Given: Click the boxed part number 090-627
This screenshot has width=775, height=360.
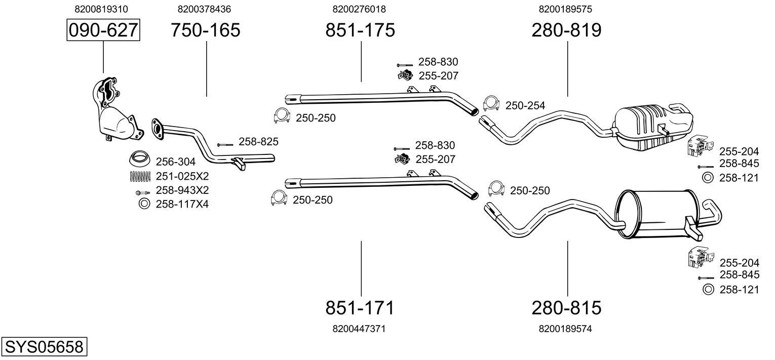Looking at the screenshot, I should click(103, 30).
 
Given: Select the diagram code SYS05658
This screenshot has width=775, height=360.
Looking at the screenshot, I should click(44, 347).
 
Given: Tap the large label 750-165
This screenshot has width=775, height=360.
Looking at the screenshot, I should click(205, 30).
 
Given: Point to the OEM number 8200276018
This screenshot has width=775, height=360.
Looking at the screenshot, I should click(360, 9).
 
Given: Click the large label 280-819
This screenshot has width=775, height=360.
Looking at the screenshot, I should click(566, 30).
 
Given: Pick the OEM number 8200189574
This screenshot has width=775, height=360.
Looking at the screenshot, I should click(566, 329).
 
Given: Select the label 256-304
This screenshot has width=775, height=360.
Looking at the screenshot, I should click(175, 162).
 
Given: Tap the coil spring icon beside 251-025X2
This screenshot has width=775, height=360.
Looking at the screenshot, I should click(140, 176).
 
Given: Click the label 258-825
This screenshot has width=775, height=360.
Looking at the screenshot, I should click(258, 142).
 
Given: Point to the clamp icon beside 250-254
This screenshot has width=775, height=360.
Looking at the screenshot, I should click(491, 103).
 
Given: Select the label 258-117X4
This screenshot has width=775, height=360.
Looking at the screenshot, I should click(182, 204).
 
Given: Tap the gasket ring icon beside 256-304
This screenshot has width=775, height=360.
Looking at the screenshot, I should click(140, 159).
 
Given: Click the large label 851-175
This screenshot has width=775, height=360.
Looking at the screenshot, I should click(360, 30).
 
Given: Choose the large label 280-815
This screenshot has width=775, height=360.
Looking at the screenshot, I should click(566, 308).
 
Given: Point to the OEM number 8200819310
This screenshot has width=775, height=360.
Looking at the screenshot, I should click(101, 9).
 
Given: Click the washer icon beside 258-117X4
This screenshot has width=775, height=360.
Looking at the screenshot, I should click(144, 204).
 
